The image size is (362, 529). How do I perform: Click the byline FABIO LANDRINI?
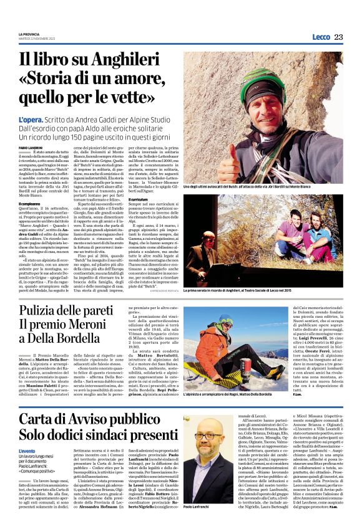click(x=29, y=146)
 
